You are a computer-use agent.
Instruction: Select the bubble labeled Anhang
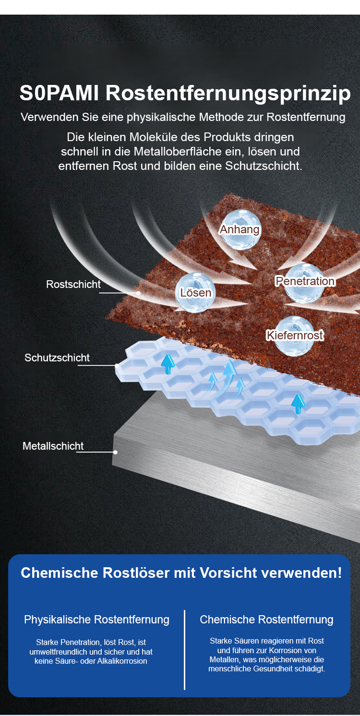pos(240,229)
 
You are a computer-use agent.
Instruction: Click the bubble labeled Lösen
pos(195,292)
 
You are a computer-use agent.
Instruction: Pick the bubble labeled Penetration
pos(304,281)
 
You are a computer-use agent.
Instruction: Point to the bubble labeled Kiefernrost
pos(295,335)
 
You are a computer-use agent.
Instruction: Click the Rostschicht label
pos(73,284)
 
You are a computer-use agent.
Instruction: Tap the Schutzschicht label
pos(57,358)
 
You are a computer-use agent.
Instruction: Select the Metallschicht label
pos(53,446)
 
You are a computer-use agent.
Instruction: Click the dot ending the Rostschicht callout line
pos(138,293)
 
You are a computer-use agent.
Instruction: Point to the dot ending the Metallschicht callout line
pos(115,452)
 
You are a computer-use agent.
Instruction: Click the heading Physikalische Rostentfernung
pos(96,620)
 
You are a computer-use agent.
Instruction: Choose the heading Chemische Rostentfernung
pos(266,620)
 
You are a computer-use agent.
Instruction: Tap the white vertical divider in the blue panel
pos(184,650)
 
